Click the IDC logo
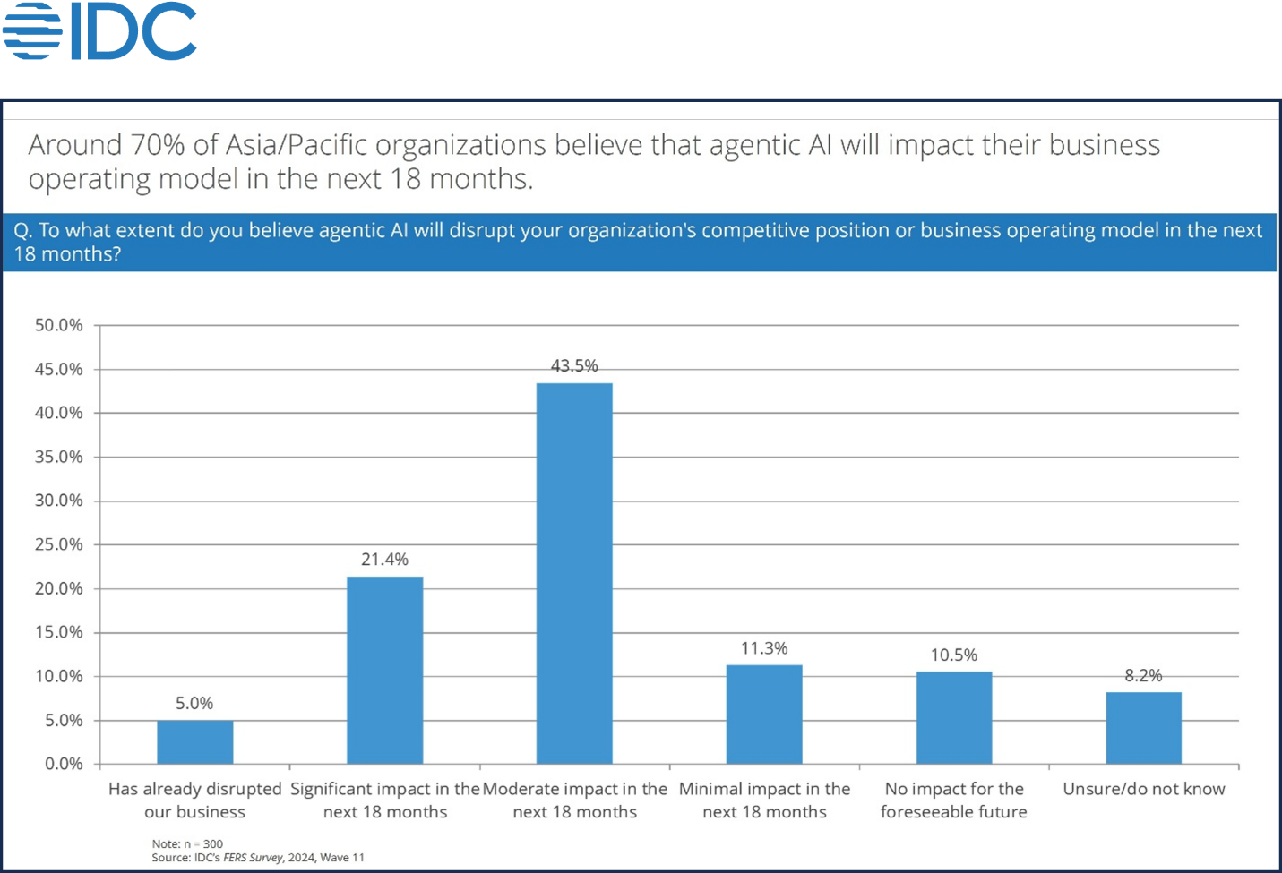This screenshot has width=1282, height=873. point(99,31)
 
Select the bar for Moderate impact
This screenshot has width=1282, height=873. point(574,573)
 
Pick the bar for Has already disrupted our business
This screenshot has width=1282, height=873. point(195,742)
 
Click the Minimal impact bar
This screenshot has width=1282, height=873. point(764,715)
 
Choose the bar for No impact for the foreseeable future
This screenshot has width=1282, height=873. point(954,717)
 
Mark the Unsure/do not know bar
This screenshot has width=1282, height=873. point(1143,728)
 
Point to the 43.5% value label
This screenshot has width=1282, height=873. point(574,365)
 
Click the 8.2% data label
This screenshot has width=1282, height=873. point(1143,675)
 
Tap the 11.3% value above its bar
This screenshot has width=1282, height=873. point(764,648)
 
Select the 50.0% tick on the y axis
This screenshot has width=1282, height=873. point(59,325)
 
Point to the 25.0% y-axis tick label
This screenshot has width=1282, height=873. point(59,544)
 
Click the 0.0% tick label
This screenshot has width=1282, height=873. point(64,764)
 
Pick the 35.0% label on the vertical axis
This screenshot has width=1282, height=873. point(59,457)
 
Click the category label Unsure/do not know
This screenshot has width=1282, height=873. point(1143,789)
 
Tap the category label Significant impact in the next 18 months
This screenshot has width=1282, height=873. point(385,800)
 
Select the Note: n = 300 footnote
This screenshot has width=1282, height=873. point(187,843)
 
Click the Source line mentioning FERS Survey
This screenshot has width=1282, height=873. point(258,858)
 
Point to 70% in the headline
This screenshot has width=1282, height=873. point(159,145)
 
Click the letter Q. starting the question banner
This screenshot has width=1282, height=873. point(23,231)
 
